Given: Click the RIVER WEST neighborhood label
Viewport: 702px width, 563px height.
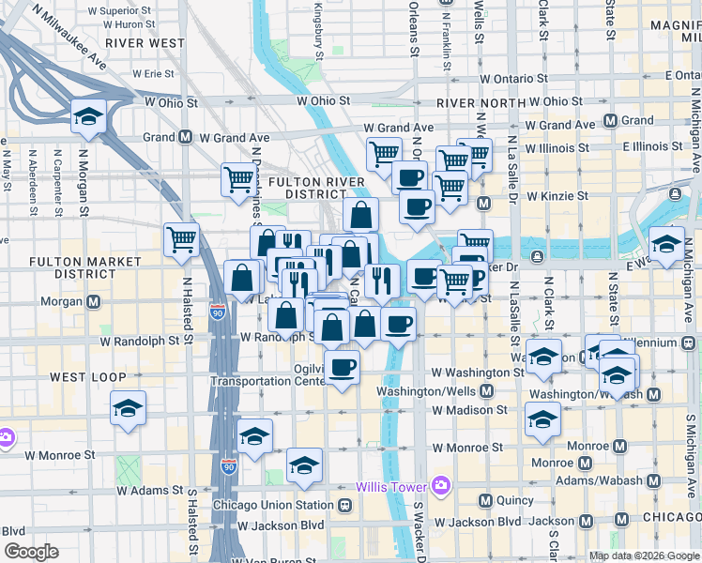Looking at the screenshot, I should (x=145, y=42).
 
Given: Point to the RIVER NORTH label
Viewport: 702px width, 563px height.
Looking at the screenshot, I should (x=477, y=103).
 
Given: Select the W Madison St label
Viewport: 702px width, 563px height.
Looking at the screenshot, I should (x=469, y=410).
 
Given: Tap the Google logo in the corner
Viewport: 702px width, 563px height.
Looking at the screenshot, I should (x=31, y=552).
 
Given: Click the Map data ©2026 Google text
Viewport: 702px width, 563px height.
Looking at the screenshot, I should (x=644, y=555).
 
